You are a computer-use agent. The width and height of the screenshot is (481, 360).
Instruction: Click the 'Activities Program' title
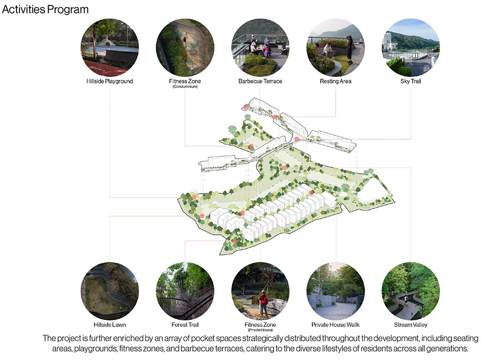tap(45, 10)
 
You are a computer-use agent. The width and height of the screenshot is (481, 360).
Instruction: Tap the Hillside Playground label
tap(110, 81)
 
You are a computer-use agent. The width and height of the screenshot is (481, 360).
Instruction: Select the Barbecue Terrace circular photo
tap(260, 48)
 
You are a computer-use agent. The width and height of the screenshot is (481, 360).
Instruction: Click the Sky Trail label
tap(410, 81)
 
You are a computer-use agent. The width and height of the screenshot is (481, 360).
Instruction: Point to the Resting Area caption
tap(335, 81)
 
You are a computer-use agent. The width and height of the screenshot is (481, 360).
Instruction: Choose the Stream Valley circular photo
tap(410, 291)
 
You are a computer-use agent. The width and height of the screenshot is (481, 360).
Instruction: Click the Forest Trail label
tap(185, 324)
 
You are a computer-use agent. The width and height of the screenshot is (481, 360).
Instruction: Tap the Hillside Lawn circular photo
tap(110, 291)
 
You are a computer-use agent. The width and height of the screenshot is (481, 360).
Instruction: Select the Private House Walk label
tap(335, 324)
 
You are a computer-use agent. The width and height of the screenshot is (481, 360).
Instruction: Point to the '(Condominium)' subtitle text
tap(185, 87)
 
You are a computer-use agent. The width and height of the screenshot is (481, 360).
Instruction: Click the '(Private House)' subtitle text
tap(260, 330)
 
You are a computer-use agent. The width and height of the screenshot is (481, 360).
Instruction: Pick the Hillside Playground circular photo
tap(110, 48)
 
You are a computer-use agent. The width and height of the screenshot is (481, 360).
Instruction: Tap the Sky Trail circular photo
tap(410, 48)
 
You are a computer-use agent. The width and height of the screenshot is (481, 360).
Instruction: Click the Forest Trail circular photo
tap(185, 291)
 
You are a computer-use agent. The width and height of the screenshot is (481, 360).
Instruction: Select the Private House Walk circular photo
tap(335, 291)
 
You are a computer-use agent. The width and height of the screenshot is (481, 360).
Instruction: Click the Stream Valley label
tap(410, 324)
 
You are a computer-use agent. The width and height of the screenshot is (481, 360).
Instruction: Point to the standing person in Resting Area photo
tap(350, 50)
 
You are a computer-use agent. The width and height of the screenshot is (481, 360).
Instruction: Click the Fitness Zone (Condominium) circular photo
tap(185, 48)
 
